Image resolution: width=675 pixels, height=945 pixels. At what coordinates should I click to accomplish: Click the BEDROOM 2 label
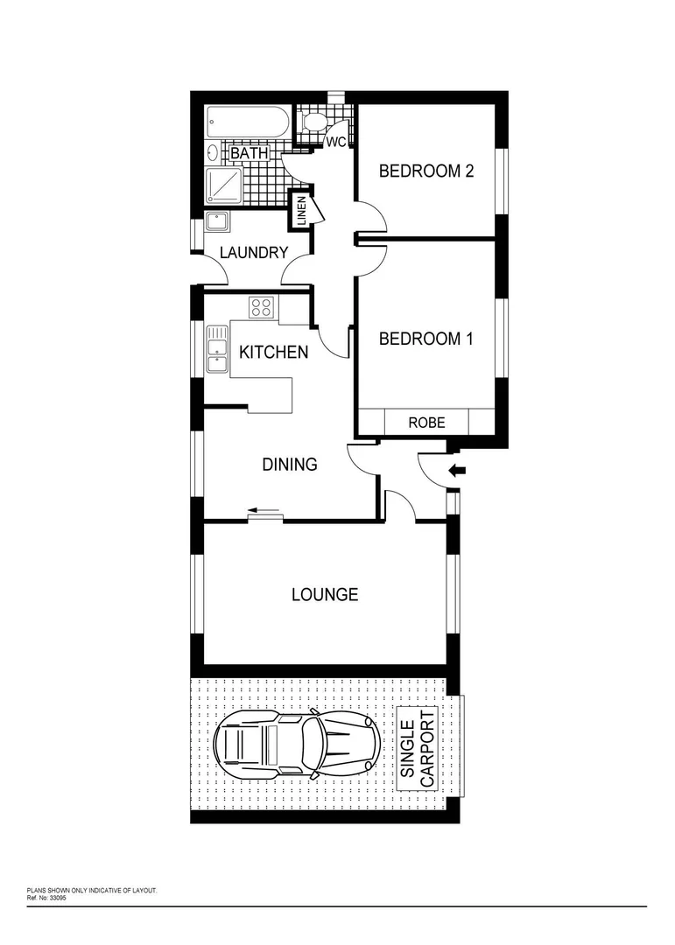click(x=425, y=171)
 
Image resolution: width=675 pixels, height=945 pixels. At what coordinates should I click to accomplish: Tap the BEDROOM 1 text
click(x=425, y=339)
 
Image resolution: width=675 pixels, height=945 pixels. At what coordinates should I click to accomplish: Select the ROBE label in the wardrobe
click(x=427, y=423)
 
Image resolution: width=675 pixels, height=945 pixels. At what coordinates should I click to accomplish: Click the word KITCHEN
click(x=273, y=353)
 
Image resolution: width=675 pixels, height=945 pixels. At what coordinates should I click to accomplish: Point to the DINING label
click(x=290, y=465)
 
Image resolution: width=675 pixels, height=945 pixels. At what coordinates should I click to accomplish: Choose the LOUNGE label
click(x=325, y=595)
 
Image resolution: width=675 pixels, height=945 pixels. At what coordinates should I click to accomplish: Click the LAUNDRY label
click(x=254, y=253)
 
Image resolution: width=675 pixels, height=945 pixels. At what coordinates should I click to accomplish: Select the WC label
click(x=336, y=142)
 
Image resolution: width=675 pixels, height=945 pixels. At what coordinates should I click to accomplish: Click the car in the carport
click(x=296, y=745)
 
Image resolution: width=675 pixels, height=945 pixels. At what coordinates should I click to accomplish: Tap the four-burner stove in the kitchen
click(x=262, y=307)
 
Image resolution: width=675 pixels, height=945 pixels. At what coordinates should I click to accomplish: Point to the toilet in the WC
click(x=313, y=122)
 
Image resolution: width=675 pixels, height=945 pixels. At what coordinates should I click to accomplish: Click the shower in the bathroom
click(x=224, y=185)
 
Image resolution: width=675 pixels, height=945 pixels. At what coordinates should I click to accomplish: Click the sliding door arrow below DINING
click(x=264, y=510)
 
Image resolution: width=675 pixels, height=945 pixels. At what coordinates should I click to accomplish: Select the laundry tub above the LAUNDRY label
click(x=217, y=221)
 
